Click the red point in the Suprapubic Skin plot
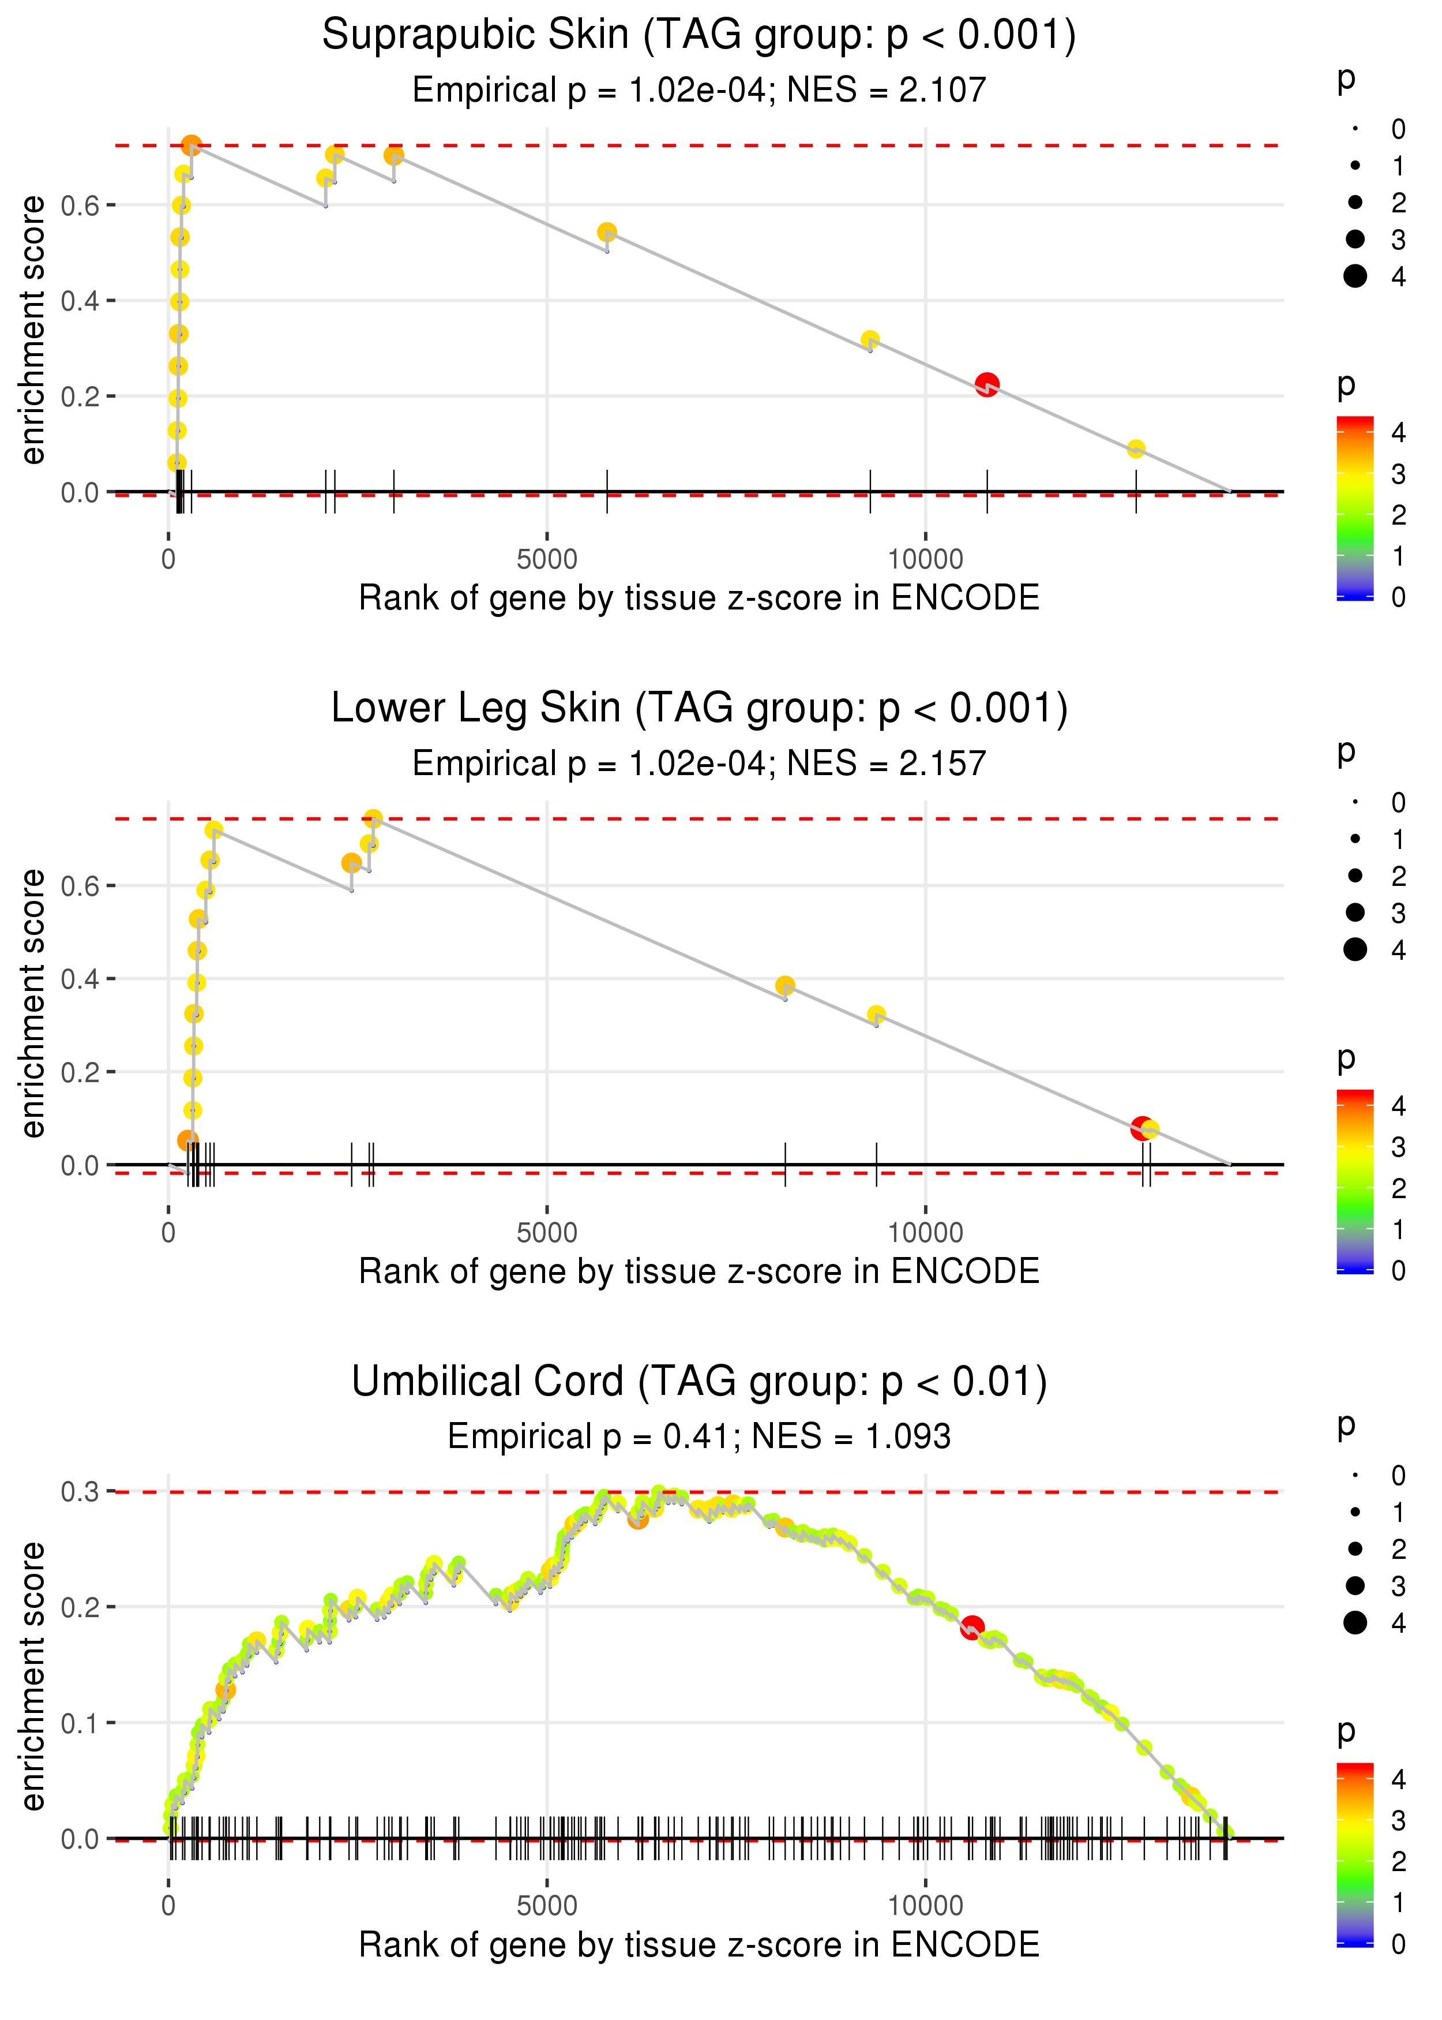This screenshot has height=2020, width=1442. point(986,384)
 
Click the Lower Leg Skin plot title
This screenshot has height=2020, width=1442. point(699,709)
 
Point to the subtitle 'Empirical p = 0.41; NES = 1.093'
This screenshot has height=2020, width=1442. point(699,1437)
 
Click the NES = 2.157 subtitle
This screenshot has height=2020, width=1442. point(699,763)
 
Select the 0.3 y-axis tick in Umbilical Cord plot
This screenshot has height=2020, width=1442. point(79,1491)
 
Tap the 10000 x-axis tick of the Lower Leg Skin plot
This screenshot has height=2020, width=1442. point(925,1232)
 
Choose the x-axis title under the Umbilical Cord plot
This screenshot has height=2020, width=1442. point(699,1944)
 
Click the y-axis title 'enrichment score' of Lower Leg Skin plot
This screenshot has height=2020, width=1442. point(33,1003)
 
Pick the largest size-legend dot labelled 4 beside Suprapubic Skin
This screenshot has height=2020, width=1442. point(1355,276)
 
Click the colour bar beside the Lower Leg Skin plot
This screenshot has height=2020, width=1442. point(1355,1181)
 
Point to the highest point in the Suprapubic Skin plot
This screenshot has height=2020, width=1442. point(191,145)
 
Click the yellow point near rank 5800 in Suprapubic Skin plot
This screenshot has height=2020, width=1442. point(606,233)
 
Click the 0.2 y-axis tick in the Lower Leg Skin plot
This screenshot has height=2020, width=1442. point(79,1072)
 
